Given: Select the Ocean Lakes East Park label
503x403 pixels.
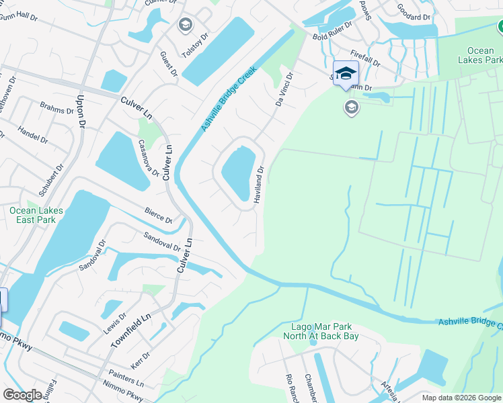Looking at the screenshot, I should [36, 215].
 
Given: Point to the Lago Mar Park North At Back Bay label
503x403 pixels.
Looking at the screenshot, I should [321, 330].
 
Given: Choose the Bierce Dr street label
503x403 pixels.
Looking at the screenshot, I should [159, 216].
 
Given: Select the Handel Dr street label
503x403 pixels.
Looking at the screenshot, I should [33, 135].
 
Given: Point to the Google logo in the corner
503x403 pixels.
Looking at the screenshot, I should [22, 394].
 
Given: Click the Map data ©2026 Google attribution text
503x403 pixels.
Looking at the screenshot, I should [461, 398].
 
